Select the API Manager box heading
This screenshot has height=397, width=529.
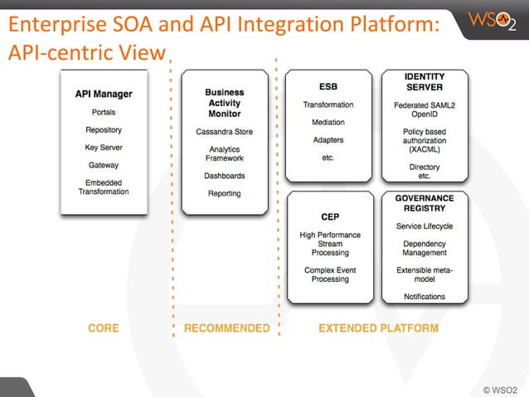coord(104,94)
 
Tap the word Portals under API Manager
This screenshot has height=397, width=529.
coord(104,112)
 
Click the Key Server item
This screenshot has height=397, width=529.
coord(104,148)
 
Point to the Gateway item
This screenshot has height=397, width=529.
coord(104,165)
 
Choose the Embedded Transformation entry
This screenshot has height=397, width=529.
coord(104,186)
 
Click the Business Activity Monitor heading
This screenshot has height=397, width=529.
coord(225,103)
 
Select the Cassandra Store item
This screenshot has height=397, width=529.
coord(225,132)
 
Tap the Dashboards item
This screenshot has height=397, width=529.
coord(225,176)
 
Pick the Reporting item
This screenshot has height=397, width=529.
coord(225,193)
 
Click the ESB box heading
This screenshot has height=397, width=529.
coord(328,86)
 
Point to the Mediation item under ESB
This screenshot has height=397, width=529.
coord(328,123)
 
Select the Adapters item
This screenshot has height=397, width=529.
coord(328,140)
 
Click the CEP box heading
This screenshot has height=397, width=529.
coord(330,217)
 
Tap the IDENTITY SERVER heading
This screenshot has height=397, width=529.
coord(425,82)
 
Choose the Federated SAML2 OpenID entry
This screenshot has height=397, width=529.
coord(425,110)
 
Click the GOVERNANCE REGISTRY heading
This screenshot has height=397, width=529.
coord(425,204)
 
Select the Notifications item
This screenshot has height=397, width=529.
coord(425,297)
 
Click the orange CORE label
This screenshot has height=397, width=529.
coord(104,328)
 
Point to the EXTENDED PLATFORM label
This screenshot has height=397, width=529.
coord(378,328)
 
